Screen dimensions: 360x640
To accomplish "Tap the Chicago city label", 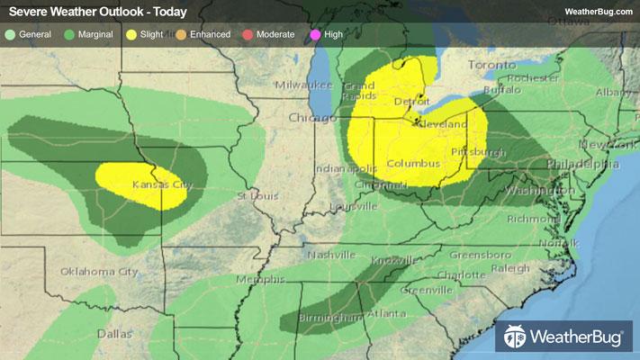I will [309, 118].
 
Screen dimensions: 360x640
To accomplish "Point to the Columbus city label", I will [413, 163].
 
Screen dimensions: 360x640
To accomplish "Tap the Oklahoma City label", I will [99, 271].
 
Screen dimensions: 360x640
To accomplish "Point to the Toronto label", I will [492, 66].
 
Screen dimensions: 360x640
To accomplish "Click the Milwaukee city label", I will [304, 84].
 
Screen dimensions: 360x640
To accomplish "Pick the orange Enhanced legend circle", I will [179, 34].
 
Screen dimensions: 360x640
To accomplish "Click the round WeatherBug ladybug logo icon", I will [517, 337].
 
